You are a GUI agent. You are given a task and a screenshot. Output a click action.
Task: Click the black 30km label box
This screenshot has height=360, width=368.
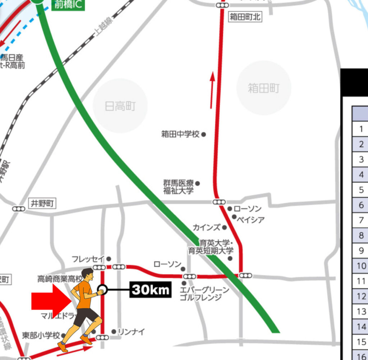coord(150,290)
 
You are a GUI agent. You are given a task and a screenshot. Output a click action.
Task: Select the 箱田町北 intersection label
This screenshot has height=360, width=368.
coord(245,17)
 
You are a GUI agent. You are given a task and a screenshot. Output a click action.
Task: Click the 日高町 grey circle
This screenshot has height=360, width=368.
coord(120,106)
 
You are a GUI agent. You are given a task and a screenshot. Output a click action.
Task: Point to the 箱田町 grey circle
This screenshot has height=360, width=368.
coord(263,88)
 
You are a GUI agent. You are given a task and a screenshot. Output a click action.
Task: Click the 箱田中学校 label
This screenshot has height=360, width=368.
coord(180,135)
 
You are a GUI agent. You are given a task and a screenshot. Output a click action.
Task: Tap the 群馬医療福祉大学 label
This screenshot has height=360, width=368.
coord(179,187)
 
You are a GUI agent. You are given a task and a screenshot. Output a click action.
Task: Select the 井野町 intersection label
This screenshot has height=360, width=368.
coord(42,204)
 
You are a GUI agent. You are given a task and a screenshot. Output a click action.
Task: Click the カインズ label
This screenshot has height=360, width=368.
coord(206,227)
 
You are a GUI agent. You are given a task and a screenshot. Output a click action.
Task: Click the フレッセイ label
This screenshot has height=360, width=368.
coord(88,259)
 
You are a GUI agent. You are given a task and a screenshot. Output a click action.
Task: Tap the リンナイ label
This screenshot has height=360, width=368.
coord(131,332)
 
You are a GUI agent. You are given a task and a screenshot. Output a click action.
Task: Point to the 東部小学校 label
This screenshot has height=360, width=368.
coord(41,336)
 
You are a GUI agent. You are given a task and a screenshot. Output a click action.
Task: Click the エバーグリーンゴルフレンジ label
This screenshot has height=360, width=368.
coord(204,294)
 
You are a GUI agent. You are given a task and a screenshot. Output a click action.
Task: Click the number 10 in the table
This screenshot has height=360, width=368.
coord(362,266)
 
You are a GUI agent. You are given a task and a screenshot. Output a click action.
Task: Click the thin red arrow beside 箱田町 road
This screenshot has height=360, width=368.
coord(212,90)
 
